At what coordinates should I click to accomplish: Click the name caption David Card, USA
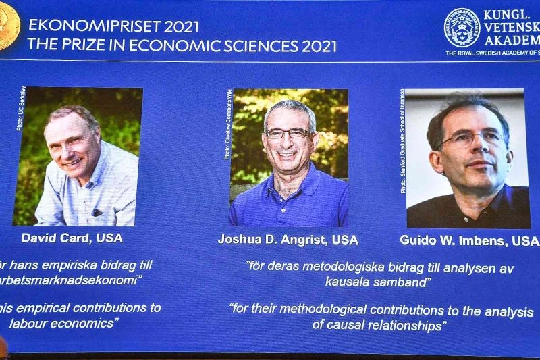[72, 238]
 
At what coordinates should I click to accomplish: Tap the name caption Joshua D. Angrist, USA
[288, 240]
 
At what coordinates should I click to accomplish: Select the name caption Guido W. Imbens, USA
[468, 240]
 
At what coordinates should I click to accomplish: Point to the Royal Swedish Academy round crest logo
[462, 28]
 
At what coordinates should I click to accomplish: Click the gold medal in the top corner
[8, 26]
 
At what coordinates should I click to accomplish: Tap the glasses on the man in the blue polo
[288, 134]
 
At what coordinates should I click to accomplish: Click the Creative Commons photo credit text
[227, 125]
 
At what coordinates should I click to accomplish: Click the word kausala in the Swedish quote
[347, 282]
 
